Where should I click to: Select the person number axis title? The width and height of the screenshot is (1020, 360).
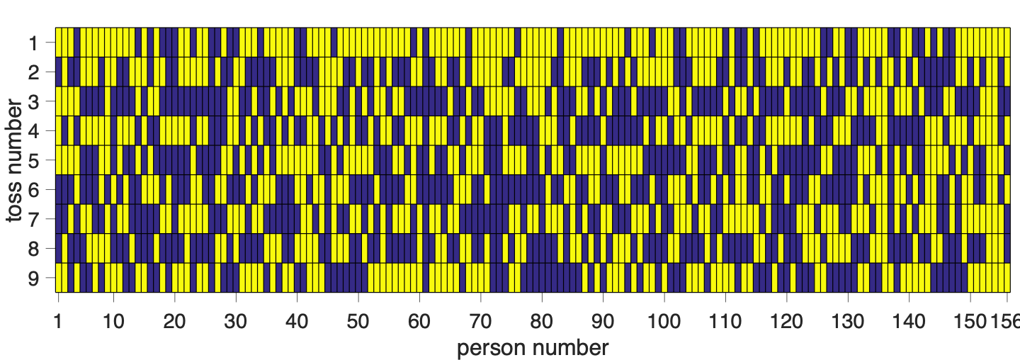click(533, 348)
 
